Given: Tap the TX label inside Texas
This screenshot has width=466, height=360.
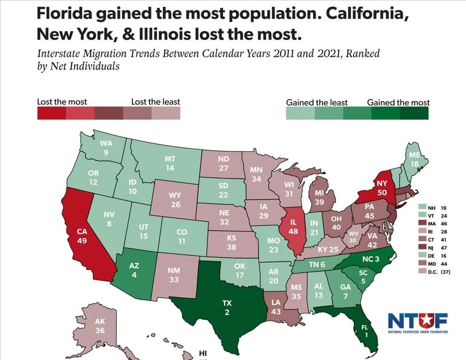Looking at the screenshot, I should coord(227,303).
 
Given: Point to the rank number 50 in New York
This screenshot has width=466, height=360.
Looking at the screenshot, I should coord(381,192).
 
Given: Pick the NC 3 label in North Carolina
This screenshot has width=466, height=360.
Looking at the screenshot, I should coord(370,259).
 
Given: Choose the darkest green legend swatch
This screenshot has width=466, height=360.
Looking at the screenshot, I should coord(414,113).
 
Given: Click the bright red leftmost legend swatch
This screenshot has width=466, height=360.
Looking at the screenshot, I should coord(51,113).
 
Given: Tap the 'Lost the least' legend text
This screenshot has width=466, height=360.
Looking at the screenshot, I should coord(155,102).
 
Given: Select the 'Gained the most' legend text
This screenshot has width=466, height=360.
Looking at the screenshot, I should coord(398,102).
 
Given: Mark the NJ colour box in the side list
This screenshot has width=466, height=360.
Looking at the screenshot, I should coord(422,248).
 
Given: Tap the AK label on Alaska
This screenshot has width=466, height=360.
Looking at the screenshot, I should coord(100,321).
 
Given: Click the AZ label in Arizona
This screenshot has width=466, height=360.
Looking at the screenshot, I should coord(134,266).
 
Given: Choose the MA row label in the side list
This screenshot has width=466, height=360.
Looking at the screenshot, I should coord(431,224).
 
